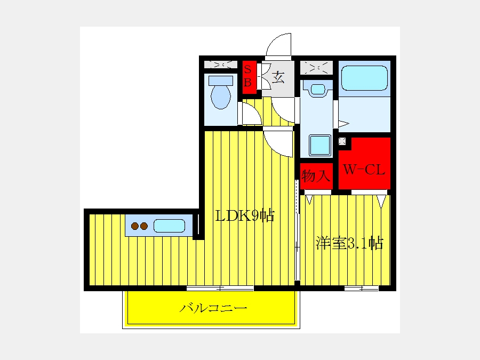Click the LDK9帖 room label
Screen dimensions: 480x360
pyautogui.click(x=245, y=216)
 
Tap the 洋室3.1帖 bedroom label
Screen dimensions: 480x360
pyautogui.click(x=349, y=243)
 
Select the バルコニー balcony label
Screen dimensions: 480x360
pyautogui.click(x=213, y=308)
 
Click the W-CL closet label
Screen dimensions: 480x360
pyautogui.click(x=364, y=170)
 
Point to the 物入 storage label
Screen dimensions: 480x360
pyautogui.click(x=316, y=176)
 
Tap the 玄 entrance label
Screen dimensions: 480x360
pyautogui.click(x=278, y=77)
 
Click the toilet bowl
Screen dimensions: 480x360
pyautogui.click(x=221, y=96)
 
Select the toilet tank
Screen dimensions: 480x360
pyautogui.click(x=221, y=81)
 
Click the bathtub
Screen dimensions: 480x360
pyautogui.click(x=364, y=78)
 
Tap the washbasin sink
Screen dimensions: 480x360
pyautogui.click(x=318, y=90)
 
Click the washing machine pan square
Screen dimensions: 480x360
pyautogui.click(x=320, y=145)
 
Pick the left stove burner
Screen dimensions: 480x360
pyautogui.click(x=135, y=226)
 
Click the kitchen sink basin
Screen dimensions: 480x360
pyautogui.click(x=169, y=226)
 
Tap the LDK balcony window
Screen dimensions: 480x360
pyautogui.click(x=220, y=288)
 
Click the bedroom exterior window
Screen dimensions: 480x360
pyautogui.click(x=362, y=289)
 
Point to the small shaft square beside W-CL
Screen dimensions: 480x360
pyautogui.click(x=342, y=141)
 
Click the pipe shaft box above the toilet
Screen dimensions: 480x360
pyautogui.click(x=221, y=65)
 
